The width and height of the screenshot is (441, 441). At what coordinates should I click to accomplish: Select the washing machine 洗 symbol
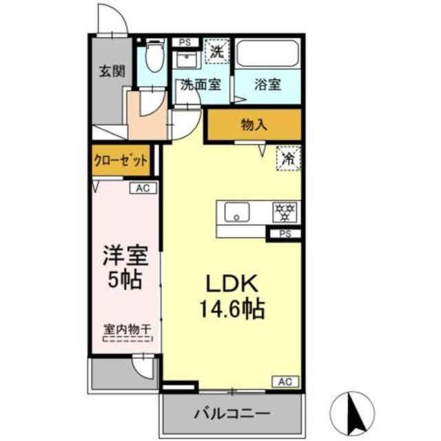pyautogui.click(x=216, y=51)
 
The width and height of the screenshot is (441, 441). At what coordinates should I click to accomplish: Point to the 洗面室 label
pyautogui.click(x=201, y=85)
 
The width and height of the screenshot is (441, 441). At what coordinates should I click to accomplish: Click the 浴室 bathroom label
pyautogui.click(x=267, y=85)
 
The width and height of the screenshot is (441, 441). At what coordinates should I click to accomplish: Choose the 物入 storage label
pyautogui.click(x=254, y=125)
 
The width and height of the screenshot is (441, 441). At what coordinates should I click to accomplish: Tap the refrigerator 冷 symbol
pyautogui.click(x=288, y=158)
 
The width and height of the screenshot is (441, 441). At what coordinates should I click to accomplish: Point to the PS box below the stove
pyautogui.click(x=285, y=234)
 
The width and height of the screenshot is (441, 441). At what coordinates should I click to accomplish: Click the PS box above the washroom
pyautogui.click(x=184, y=42)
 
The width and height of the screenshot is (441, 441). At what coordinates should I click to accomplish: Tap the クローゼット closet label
pyautogui.click(x=121, y=162)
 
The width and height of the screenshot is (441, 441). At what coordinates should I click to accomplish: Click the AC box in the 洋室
pyautogui.click(x=143, y=187)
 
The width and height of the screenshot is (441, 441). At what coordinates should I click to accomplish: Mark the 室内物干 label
pyautogui.click(x=127, y=331)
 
